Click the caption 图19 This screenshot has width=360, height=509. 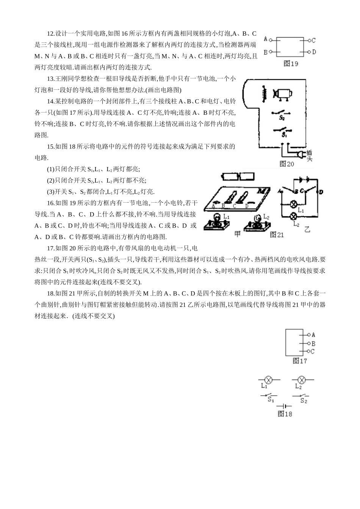pyautogui.click(x=291, y=64)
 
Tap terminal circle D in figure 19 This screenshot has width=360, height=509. pyautogui.click(x=309, y=52)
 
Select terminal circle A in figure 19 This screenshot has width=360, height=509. pyautogui.click(x=270, y=39)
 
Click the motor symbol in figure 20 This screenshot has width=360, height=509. pyautogui.click(x=282, y=94)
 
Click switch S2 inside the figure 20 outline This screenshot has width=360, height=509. pyautogui.click(x=282, y=113)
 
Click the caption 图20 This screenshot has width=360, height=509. pyautogui.click(x=286, y=164)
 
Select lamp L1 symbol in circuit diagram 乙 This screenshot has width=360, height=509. pyautogui.click(x=293, y=203)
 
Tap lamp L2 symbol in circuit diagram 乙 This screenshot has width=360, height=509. pyautogui.click(x=293, y=217)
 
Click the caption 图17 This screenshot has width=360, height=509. pyautogui.click(x=299, y=361)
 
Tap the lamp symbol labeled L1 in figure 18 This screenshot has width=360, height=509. pyautogui.click(x=269, y=379)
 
